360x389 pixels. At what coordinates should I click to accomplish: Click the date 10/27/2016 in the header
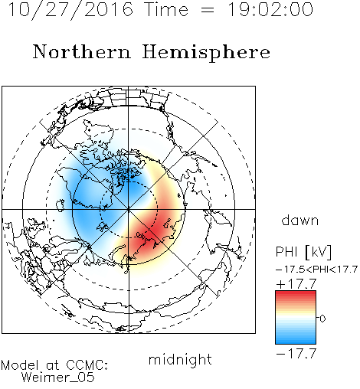[x=70, y=10]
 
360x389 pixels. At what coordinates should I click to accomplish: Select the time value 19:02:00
[x=270, y=9]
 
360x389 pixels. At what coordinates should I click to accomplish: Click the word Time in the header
[x=166, y=9]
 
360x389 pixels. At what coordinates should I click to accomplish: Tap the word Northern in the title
[x=82, y=51]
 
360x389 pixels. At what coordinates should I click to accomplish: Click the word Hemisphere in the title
[x=206, y=53]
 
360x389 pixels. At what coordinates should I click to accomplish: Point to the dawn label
[x=300, y=220]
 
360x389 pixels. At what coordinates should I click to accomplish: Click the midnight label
[x=180, y=359]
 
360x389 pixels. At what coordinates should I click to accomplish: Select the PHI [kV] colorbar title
[x=303, y=252]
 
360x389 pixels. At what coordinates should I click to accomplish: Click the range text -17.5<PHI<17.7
[x=316, y=270]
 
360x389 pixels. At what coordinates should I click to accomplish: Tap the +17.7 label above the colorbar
[x=296, y=284]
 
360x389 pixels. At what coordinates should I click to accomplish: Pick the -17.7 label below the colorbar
[x=296, y=354]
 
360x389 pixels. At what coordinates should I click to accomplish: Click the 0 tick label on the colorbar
[x=322, y=319]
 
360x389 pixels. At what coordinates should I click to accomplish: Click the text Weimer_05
[x=58, y=378]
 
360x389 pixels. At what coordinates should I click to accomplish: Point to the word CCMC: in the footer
[x=87, y=365]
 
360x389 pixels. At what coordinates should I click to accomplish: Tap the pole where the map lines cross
[x=129, y=210]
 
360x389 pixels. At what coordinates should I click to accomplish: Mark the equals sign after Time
[x=208, y=10]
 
